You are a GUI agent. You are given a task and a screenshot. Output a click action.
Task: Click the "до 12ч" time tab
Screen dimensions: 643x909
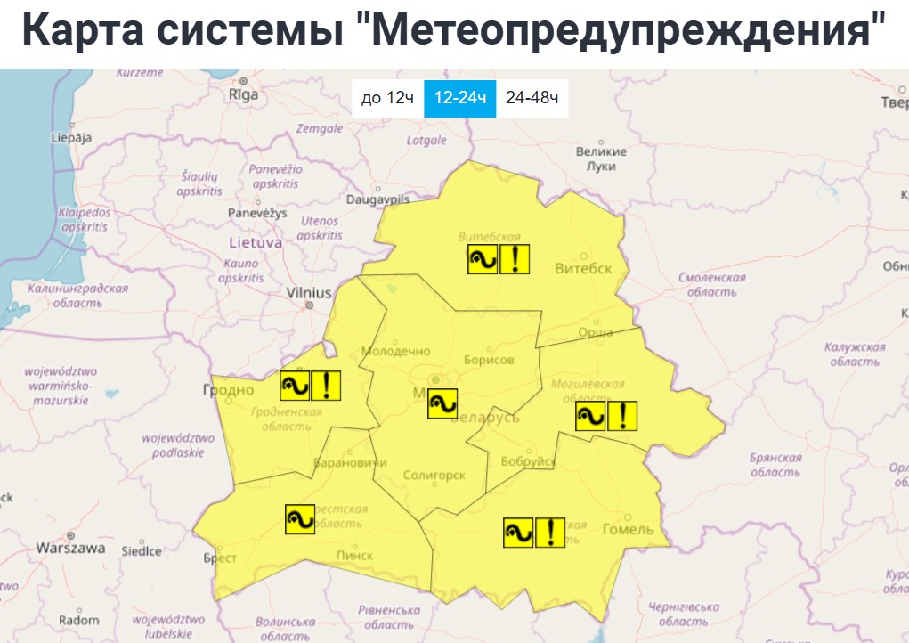pyautogui.click(x=387, y=98)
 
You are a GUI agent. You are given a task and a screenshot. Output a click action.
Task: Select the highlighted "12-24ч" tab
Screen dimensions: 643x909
pyautogui.click(x=459, y=98)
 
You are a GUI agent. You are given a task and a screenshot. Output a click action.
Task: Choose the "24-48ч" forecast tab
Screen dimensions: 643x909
pyautogui.click(x=532, y=98)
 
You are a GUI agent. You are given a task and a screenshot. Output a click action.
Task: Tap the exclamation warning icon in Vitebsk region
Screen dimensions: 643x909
pyautogui.click(x=515, y=260)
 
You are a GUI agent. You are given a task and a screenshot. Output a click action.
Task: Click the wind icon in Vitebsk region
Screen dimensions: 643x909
pyautogui.click(x=483, y=260)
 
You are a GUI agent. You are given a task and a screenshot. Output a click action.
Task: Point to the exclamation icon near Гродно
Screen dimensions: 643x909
pyautogui.click(x=327, y=385)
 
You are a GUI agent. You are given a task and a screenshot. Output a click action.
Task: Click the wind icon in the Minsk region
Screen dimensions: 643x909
pyautogui.click(x=442, y=403)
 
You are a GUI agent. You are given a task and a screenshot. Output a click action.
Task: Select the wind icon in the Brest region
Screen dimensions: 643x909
pyautogui.click(x=300, y=519)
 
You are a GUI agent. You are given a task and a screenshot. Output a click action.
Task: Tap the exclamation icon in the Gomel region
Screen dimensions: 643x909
pyautogui.click(x=550, y=533)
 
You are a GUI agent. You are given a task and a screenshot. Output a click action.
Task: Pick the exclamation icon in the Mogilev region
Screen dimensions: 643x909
pyautogui.click(x=622, y=416)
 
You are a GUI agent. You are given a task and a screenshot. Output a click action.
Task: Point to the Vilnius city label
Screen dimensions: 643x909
pyautogui.click(x=309, y=293)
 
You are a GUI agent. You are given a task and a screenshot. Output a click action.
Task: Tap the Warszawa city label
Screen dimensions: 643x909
pyautogui.click(x=71, y=548)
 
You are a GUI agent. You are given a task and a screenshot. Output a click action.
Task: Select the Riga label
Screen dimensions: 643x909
pyautogui.click(x=243, y=94)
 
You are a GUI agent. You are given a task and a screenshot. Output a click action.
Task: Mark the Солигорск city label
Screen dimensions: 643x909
pyautogui.click(x=434, y=476)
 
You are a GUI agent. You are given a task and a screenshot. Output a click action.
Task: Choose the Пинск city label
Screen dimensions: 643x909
pyautogui.click(x=354, y=555)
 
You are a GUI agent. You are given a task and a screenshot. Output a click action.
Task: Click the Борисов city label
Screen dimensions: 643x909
pyautogui.click(x=489, y=361)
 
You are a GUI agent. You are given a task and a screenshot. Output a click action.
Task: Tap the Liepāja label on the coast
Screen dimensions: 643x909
pyautogui.click(x=72, y=138)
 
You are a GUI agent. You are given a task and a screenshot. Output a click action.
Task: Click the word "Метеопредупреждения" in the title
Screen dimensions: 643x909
pyautogui.click(x=625, y=30)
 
